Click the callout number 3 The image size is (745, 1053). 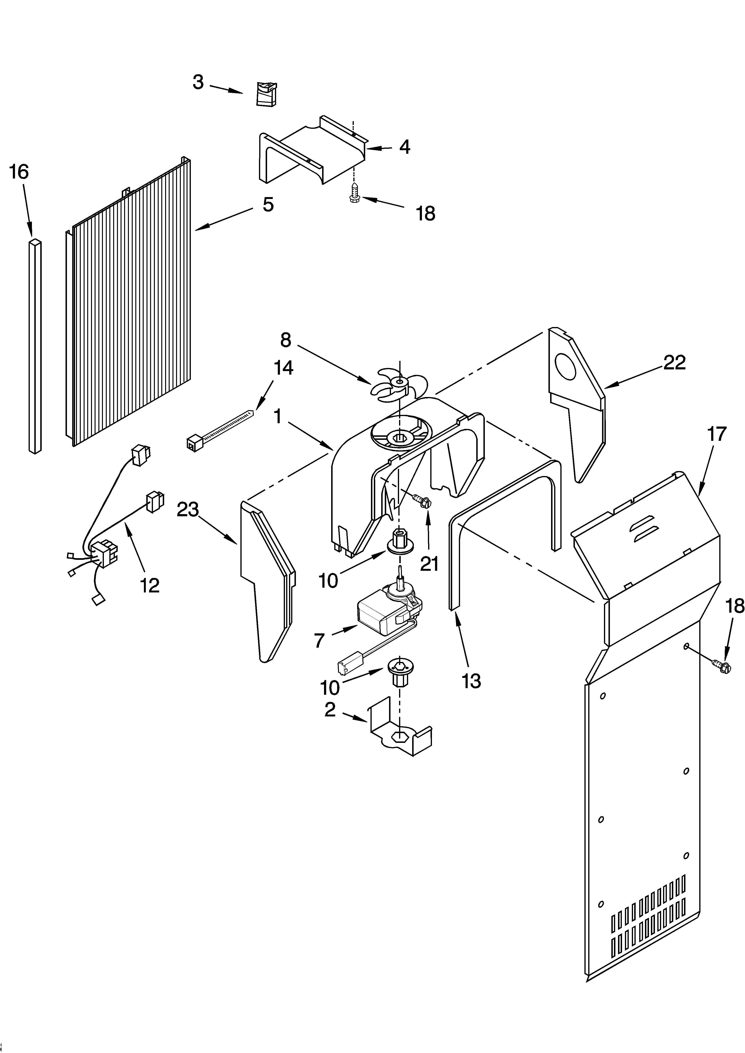click(x=198, y=83)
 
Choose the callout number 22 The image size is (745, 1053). click(x=674, y=362)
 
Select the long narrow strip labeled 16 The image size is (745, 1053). click(x=35, y=346)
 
